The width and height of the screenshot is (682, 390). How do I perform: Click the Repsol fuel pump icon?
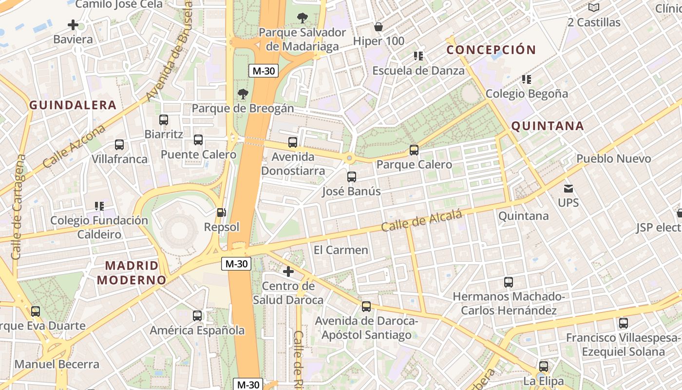(x=221, y=213)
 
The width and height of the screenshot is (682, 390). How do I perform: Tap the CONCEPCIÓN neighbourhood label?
(x=491, y=50)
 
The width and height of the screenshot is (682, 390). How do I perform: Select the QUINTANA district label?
(x=547, y=126)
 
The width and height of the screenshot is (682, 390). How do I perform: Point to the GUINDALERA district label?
(x=73, y=105)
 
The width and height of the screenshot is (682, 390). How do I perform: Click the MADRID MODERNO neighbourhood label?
(x=132, y=273)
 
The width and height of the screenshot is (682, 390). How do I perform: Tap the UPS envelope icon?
(x=568, y=188)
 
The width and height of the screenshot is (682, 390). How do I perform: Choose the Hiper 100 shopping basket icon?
(x=378, y=26)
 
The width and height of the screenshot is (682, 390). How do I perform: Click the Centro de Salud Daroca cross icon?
(x=288, y=272)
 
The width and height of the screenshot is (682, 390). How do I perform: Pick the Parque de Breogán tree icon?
(x=243, y=94)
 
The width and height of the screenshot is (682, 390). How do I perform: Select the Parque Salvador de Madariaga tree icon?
(x=302, y=19)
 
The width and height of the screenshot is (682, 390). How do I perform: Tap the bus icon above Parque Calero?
(x=414, y=150)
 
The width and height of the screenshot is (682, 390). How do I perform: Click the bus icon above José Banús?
(x=352, y=177)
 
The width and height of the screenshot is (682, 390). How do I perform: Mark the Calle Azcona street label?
(x=74, y=146)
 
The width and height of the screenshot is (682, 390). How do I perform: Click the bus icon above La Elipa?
(x=544, y=367)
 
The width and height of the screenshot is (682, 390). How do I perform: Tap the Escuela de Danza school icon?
(x=418, y=56)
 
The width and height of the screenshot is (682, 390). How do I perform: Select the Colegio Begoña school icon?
(x=526, y=79)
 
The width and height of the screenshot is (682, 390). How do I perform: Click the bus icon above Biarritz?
(x=164, y=120)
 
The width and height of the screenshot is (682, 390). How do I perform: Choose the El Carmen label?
(x=341, y=250)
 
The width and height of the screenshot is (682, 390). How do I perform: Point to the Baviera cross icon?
(x=73, y=25)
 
